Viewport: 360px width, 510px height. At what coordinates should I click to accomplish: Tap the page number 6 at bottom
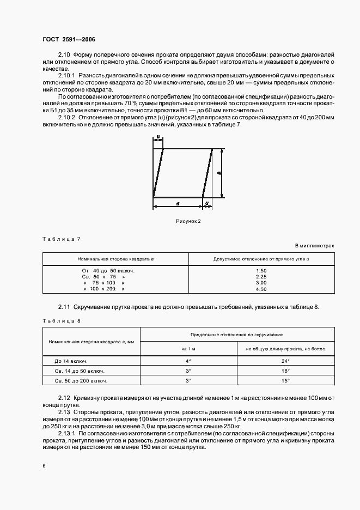(x=44, y=465)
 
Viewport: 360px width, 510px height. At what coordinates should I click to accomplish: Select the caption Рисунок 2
(x=188, y=221)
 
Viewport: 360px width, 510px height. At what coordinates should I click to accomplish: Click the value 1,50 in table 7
(x=261, y=270)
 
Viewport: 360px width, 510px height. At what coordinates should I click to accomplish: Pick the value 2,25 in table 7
(x=261, y=277)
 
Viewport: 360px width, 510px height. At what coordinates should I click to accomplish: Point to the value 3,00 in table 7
(x=261, y=283)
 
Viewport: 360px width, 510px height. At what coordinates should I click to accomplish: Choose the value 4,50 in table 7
(x=261, y=289)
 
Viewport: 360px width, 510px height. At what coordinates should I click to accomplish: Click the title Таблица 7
(x=62, y=239)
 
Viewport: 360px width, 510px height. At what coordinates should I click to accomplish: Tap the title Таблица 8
(x=62, y=320)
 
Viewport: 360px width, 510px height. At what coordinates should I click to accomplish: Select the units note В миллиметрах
(x=315, y=246)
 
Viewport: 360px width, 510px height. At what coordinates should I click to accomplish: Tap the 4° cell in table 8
(x=188, y=361)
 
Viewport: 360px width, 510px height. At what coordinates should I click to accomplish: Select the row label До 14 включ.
(x=71, y=361)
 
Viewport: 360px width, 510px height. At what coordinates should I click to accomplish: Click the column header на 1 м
(x=188, y=349)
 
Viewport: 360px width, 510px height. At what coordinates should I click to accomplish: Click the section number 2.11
(x=65, y=307)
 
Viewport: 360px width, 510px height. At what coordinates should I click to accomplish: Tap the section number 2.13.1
(x=68, y=433)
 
